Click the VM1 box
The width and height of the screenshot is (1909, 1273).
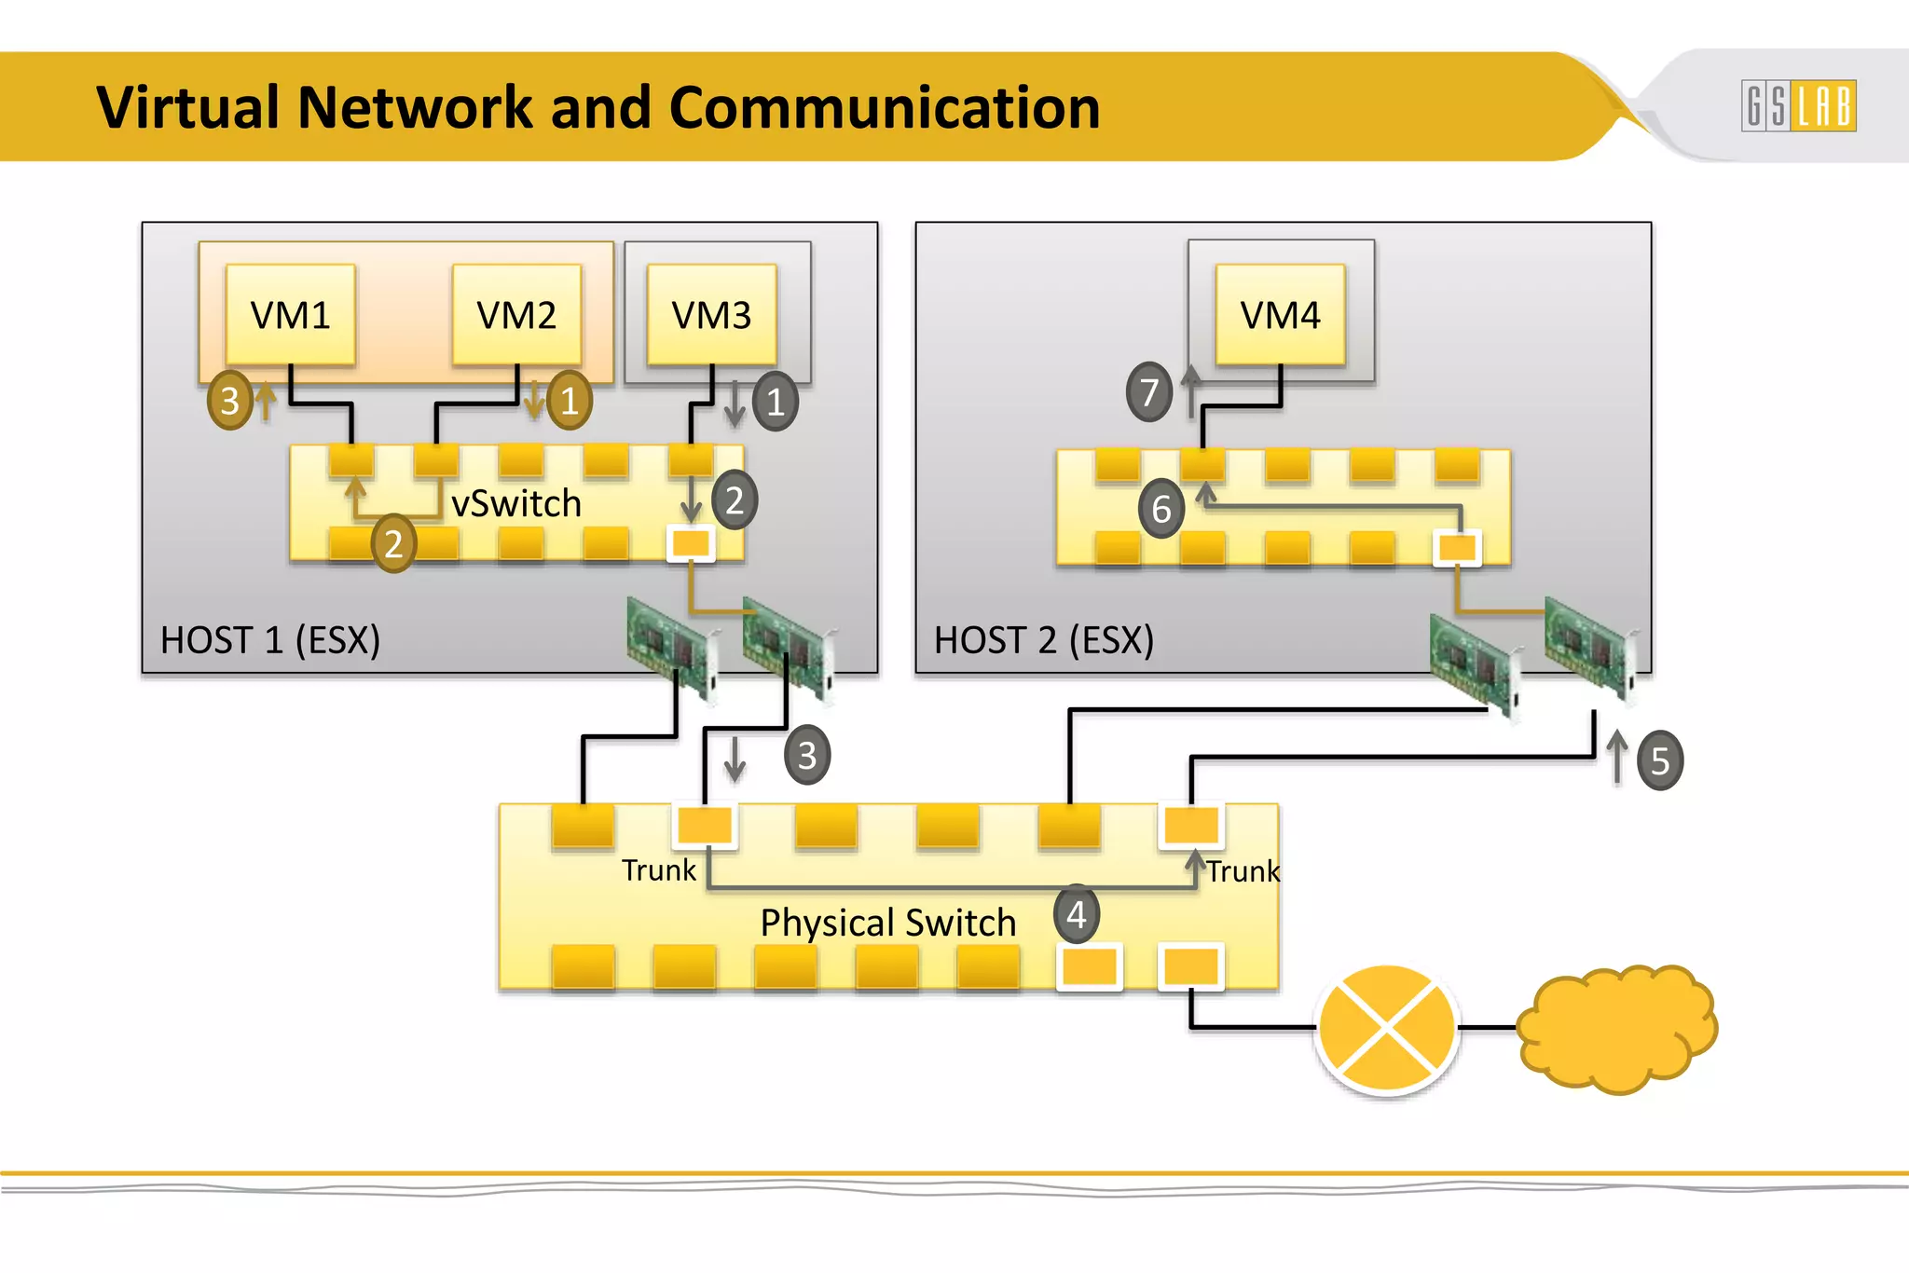(291, 315)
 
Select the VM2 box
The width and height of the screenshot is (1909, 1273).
(516, 315)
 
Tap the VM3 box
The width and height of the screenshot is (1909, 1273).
(712, 315)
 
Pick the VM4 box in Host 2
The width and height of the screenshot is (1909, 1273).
(1280, 315)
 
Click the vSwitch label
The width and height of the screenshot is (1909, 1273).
(516, 504)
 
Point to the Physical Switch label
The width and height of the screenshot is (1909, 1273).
(887, 923)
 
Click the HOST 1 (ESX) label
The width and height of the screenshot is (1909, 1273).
(270, 640)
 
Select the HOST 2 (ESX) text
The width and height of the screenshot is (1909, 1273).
(1044, 640)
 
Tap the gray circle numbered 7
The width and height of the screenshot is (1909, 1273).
(1149, 392)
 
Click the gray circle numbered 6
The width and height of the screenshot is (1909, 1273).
(1161, 509)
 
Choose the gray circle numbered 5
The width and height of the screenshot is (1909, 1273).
(1660, 761)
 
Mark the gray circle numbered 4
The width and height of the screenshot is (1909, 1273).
(1077, 915)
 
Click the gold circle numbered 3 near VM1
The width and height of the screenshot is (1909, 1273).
(230, 401)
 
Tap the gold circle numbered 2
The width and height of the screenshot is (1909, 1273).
(393, 543)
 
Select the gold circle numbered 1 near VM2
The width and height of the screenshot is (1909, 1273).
(570, 401)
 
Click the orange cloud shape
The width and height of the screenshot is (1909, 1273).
(1617, 1029)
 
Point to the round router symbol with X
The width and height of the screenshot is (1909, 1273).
(1387, 1029)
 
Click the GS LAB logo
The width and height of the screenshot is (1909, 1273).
(1798, 106)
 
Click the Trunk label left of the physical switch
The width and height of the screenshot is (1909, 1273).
(659, 870)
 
